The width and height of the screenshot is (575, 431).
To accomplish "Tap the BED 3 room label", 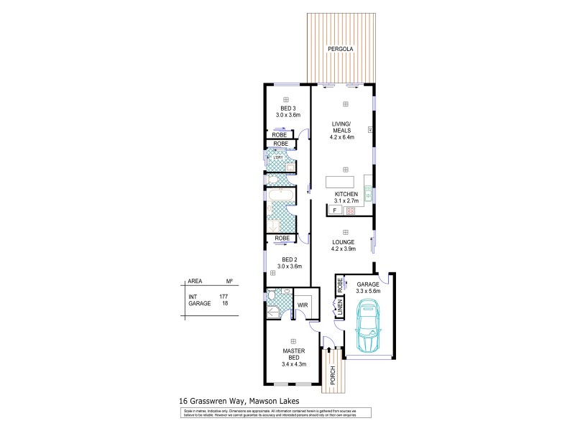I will [287, 108].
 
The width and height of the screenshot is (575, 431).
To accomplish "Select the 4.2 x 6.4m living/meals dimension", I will [345, 138].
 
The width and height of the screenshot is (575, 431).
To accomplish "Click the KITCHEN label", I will [346, 195].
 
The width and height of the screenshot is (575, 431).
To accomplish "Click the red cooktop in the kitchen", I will [351, 211].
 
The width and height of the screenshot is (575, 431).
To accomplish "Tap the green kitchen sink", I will [367, 193].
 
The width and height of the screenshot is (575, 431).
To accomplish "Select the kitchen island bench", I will [345, 181].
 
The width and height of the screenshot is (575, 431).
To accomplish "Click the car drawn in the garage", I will [368, 327].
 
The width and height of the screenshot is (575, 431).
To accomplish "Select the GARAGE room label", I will [368, 284].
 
